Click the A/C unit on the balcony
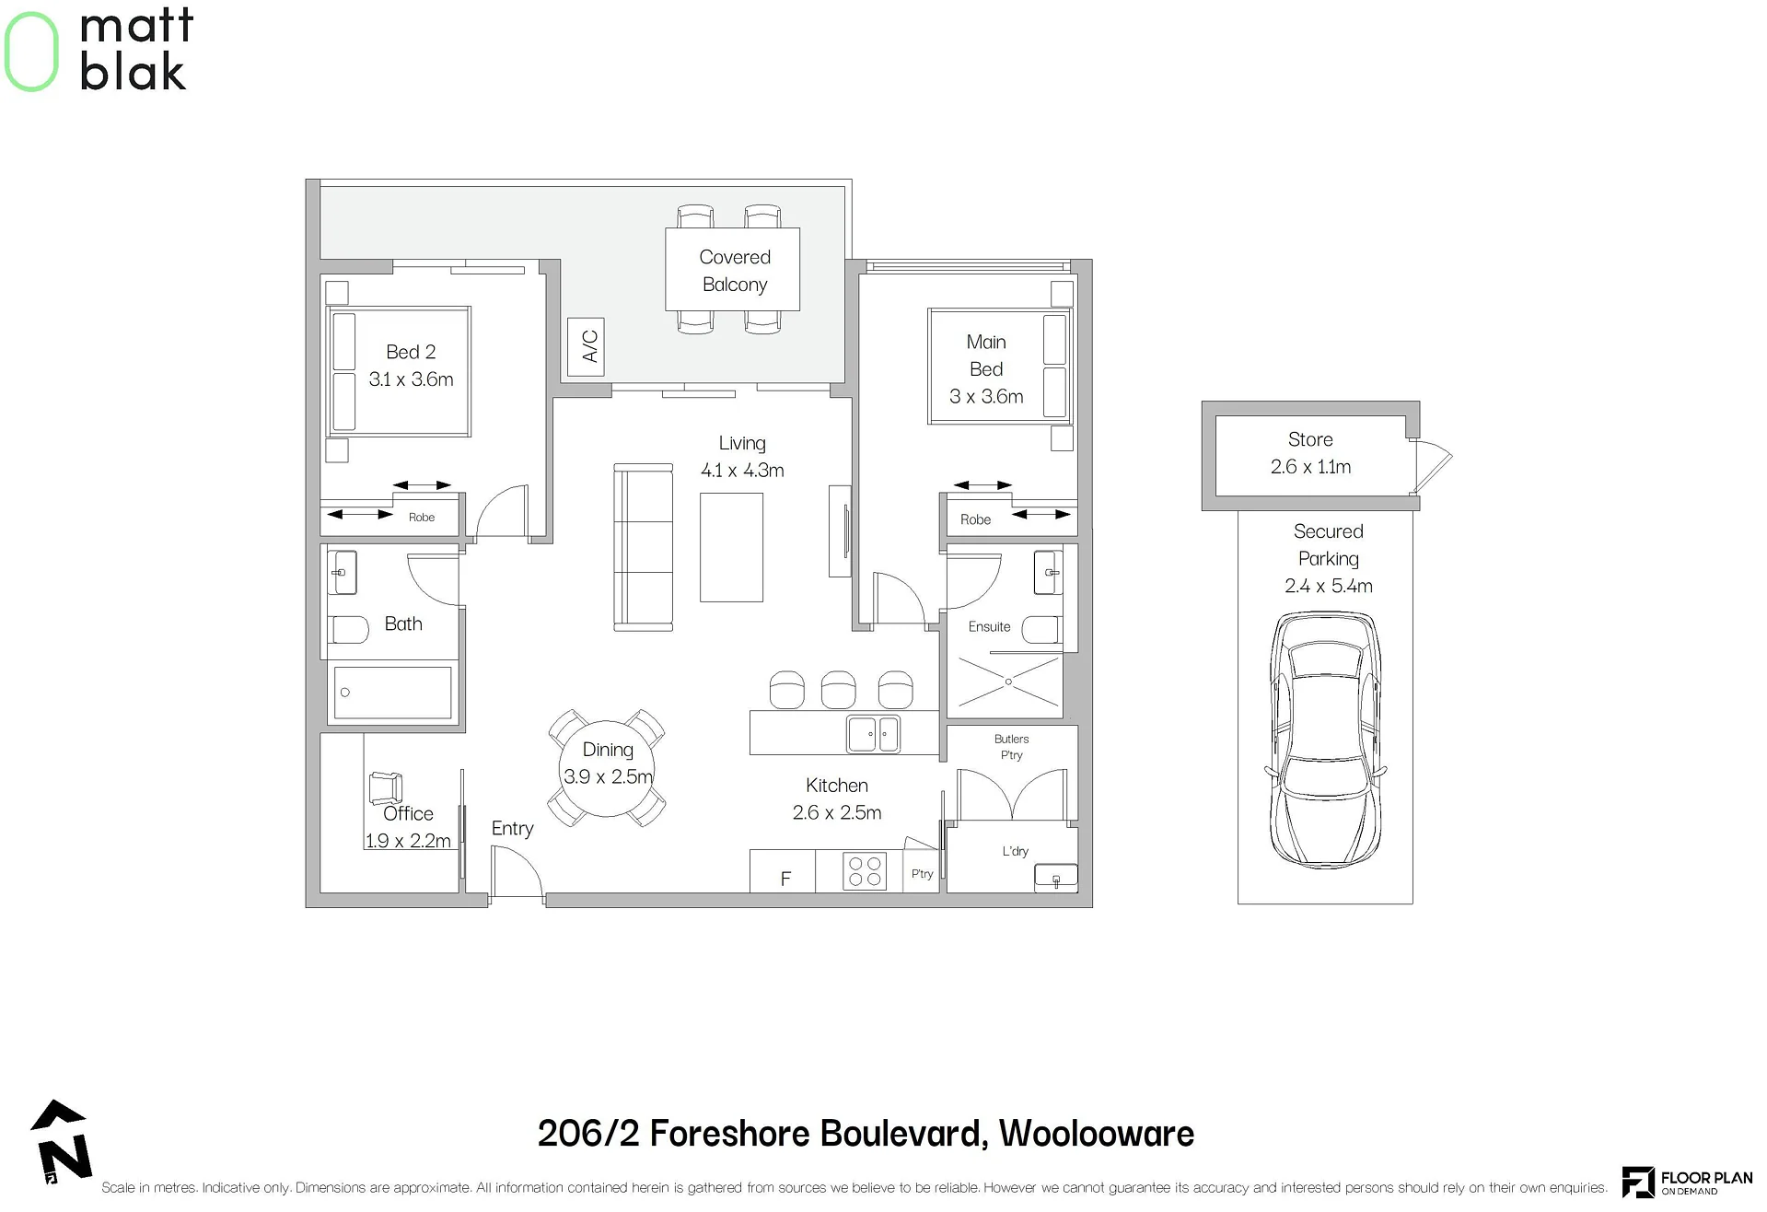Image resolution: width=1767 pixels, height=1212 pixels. point(586,346)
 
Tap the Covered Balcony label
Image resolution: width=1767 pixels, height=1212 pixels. point(735,271)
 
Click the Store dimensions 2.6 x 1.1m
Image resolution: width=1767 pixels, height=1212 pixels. point(1310,467)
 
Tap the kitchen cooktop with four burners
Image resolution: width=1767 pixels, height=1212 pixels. point(865,871)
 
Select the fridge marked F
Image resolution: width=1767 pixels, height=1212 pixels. point(783,871)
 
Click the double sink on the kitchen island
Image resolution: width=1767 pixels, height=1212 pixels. point(873,734)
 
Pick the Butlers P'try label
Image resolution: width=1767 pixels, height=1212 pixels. point(1011,747)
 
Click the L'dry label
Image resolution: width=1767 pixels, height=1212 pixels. point(1015,851)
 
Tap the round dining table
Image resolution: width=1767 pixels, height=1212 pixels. point(607,768)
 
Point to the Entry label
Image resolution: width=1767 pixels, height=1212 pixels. point(512,829)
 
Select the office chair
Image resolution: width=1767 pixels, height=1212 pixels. point(386,787)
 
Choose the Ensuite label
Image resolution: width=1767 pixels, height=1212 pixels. point(989,626)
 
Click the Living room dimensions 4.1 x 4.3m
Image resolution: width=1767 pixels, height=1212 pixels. point(742,471)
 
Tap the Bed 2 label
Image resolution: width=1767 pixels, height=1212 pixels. point(411,352)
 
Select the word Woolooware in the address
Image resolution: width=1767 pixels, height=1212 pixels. point(1097,1133)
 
